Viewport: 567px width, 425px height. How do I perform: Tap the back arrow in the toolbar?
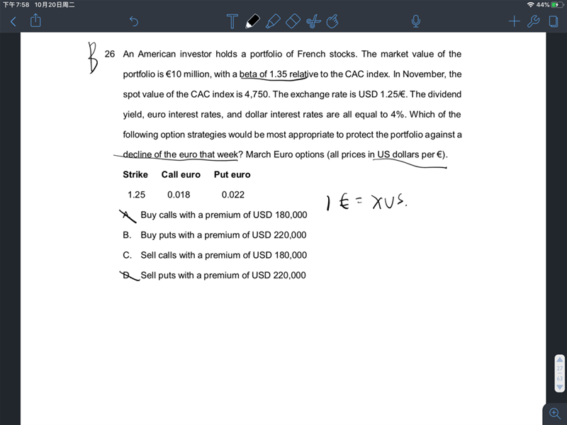(x=13, y=22)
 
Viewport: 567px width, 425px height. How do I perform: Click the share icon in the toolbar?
(x=35, y=21)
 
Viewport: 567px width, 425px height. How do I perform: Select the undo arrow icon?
(x=134, y=22)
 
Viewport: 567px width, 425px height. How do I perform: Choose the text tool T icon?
(x=232, y=22)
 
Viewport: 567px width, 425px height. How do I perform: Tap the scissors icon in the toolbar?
(x=313, y=22)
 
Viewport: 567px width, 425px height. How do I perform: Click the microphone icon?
(x=416, y=22)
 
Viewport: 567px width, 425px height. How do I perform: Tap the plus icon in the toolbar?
(x=515, y=22)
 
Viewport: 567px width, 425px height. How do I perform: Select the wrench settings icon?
(x=534, y=22)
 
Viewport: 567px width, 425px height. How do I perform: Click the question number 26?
(x=110, y=54)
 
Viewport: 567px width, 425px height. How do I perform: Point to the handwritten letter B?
(x=92, y=57)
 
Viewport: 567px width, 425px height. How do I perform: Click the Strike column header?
(x=135, y=174)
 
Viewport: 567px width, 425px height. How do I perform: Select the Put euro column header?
(x=232, y=174)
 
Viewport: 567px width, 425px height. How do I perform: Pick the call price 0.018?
(x=179, y=195)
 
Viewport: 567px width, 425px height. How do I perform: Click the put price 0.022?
(x=233, y=195)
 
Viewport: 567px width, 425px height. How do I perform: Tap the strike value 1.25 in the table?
(x=136, y=195)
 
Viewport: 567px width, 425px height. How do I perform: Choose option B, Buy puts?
(x=223, y=235)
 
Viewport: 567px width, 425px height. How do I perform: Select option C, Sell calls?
(x=223, y=255)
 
